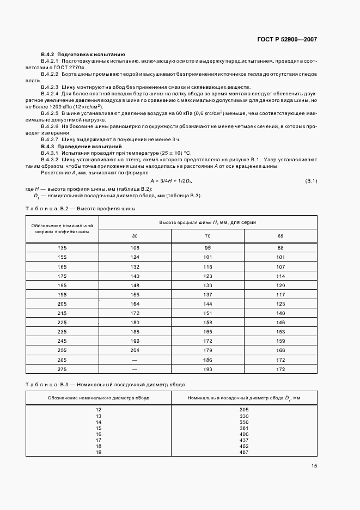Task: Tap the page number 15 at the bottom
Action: point(314,466)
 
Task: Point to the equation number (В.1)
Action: point(312,180)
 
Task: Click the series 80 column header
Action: point(135,235)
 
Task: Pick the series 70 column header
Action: point(208,235)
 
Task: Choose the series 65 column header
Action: point(280,235)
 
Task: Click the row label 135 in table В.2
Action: point(62,248)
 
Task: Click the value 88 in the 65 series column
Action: point(280,248)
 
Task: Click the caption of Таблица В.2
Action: point(81,209)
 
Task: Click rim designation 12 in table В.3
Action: point(99,409)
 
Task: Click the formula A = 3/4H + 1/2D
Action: point(171,180)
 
